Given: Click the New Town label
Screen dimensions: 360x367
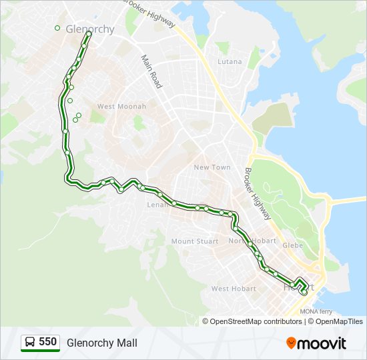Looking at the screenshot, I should pos(212,167).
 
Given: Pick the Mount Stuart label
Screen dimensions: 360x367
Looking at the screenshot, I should pos(194,241).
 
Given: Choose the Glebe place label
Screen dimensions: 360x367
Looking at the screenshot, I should pos(292,245).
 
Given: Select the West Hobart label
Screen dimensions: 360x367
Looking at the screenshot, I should pos(234,289).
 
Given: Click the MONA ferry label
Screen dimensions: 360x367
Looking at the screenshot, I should pos(316,311).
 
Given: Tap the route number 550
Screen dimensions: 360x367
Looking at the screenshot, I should pos(48,342).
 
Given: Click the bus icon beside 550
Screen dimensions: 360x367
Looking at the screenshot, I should pos(30,343).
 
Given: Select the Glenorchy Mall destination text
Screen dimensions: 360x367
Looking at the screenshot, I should pos(102,343).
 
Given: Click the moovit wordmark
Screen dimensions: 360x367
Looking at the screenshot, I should pos(322,343).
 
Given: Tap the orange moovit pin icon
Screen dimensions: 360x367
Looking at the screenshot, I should pos(291,343).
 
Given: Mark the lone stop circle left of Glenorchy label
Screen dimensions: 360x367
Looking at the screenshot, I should pos(57,28).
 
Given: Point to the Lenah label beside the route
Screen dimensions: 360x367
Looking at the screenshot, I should pos(157,205).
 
